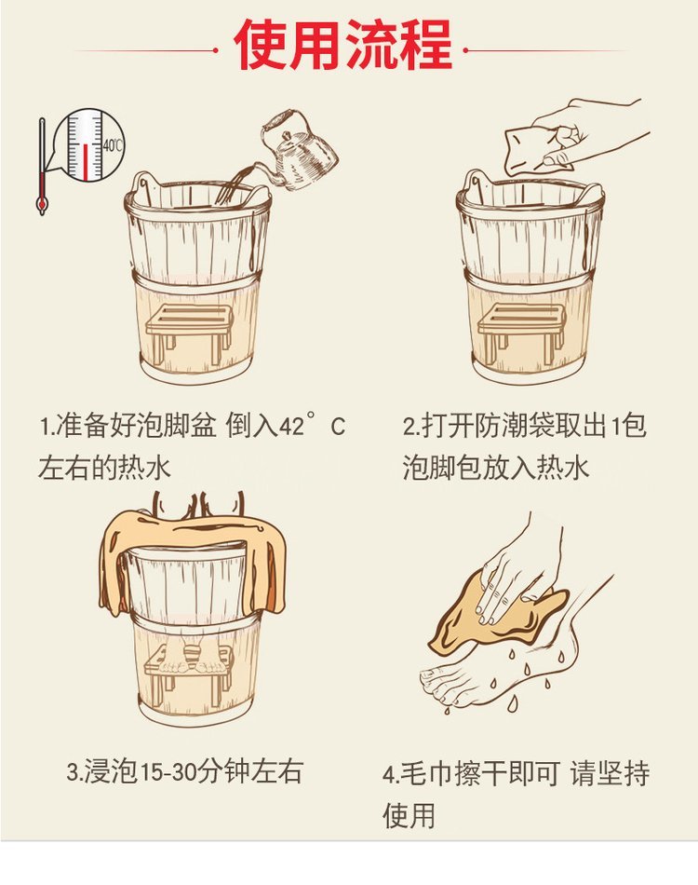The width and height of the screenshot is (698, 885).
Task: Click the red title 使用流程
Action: (x=342, y=45)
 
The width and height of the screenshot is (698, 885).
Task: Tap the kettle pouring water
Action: (x=297, y=150)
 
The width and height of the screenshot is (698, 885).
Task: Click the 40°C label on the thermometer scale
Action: (x=113, y=145)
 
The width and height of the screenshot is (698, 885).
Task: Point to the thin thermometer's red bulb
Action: (x=42, y=203)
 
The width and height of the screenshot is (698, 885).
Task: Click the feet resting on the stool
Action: (x=192, y=660)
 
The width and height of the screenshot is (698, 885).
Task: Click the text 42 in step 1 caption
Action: (x=292, y=428)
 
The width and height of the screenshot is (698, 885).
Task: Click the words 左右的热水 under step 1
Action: (x=105, y=468)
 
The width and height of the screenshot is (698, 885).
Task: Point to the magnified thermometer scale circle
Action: (x=91, y=145)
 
